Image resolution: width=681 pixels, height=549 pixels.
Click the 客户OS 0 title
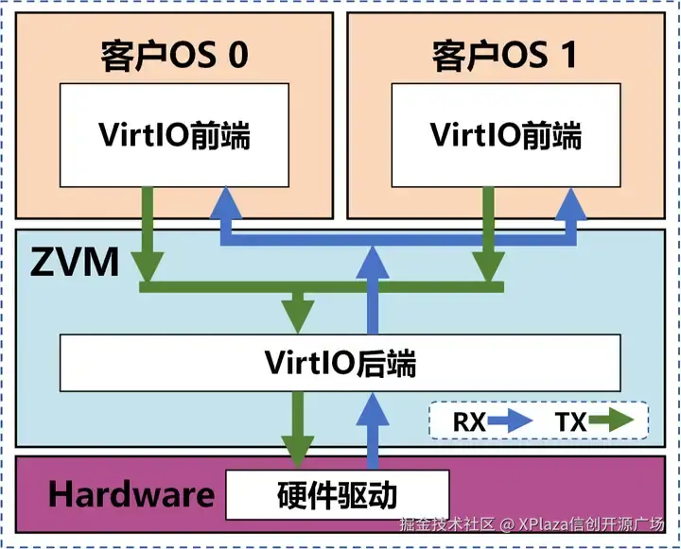click(174, 56)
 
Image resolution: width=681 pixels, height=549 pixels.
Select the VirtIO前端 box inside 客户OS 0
click(174, 136)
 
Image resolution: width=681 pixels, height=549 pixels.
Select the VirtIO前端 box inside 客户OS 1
click(506, 136)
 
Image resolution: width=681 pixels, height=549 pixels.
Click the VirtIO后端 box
click(340, 362)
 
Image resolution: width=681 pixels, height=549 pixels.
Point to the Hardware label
click(131, 493)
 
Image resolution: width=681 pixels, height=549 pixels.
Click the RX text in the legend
click(469, 422)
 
